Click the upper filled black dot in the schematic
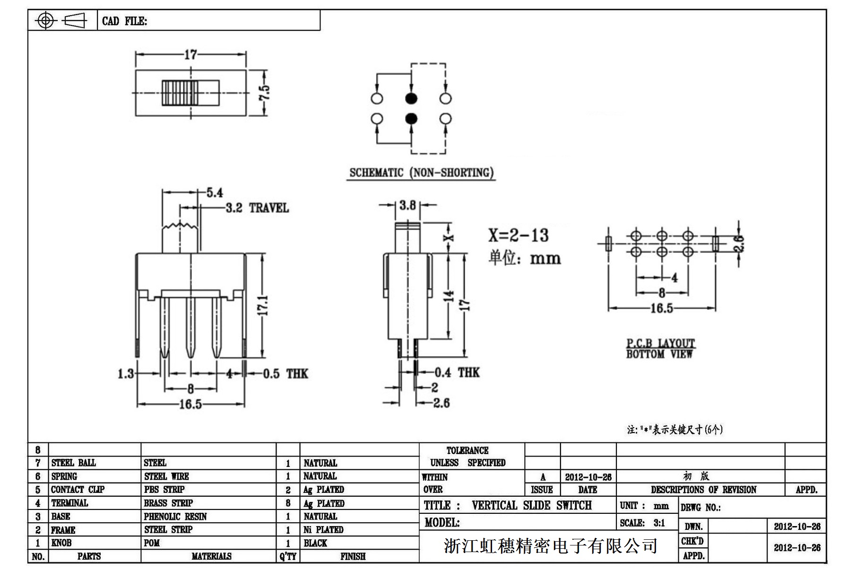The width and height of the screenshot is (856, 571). (411, 98)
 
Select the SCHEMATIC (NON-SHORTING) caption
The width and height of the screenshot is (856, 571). (421, 173)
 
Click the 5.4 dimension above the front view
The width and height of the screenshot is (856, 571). (214, 193)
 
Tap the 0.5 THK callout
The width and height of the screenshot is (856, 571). (285, 374)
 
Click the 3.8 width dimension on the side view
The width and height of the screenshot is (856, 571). (407, 205)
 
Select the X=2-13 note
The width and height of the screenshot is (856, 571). (518, 235)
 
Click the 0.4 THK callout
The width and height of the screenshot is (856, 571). (457, 372)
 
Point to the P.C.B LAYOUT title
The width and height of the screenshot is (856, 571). (660, 343)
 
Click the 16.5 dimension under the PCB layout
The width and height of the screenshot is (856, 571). (661, 308)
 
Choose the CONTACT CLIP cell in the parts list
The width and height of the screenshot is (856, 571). (78, 490)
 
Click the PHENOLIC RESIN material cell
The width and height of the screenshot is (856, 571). (175, 517)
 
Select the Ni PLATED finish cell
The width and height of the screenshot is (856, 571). (323, 530)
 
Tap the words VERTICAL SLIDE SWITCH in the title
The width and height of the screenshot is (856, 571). (531, 505)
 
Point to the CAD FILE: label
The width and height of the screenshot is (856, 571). (124, 21)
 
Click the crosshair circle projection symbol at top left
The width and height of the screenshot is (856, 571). (45, 20)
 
